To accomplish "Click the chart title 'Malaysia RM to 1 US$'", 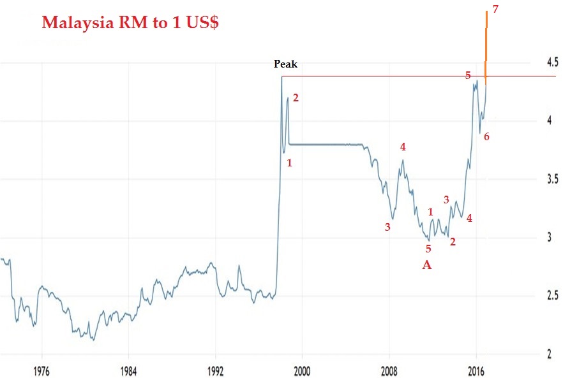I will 131,23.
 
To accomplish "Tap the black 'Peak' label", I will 285,64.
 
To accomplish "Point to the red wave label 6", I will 486,136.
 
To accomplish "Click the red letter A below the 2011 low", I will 427,265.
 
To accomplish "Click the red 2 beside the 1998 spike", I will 295,98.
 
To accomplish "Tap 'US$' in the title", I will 202,23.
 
